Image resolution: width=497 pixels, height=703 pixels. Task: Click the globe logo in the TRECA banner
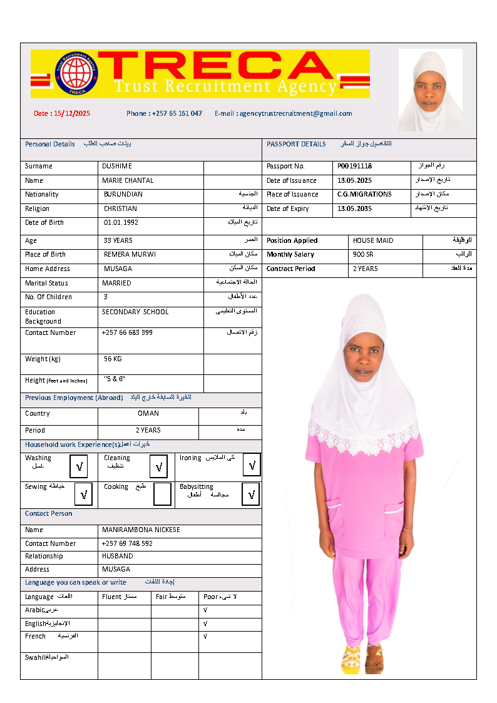coord(77,73)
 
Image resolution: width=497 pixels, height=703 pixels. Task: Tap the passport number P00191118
coord(354,167)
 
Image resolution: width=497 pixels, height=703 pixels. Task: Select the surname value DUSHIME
coord(116,167)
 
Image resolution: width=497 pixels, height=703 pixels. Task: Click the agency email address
coord(283,113)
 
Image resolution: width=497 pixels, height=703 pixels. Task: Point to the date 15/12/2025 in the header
coord(62,113)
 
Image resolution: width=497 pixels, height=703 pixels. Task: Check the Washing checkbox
coord(79,467)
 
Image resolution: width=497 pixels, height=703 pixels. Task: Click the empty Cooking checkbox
coord(162,494)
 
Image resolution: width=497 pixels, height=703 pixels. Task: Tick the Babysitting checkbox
coord(252,494)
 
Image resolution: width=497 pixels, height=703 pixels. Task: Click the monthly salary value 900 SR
coord(363,255)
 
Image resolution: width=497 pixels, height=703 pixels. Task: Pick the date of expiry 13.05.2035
coord(354,209)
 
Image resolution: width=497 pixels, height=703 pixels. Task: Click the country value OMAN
coord(148,414)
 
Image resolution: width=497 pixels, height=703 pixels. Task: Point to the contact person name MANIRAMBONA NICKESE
coord(141,530)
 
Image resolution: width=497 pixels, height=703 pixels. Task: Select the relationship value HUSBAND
coord(118,556)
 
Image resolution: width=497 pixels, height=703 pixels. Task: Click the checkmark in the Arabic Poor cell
coord(205,610)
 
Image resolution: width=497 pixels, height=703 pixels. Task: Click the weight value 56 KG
coord(113,359)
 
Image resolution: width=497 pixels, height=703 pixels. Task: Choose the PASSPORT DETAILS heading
coord(296,144)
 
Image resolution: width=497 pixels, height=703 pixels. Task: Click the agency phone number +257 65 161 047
coord(164,113)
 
